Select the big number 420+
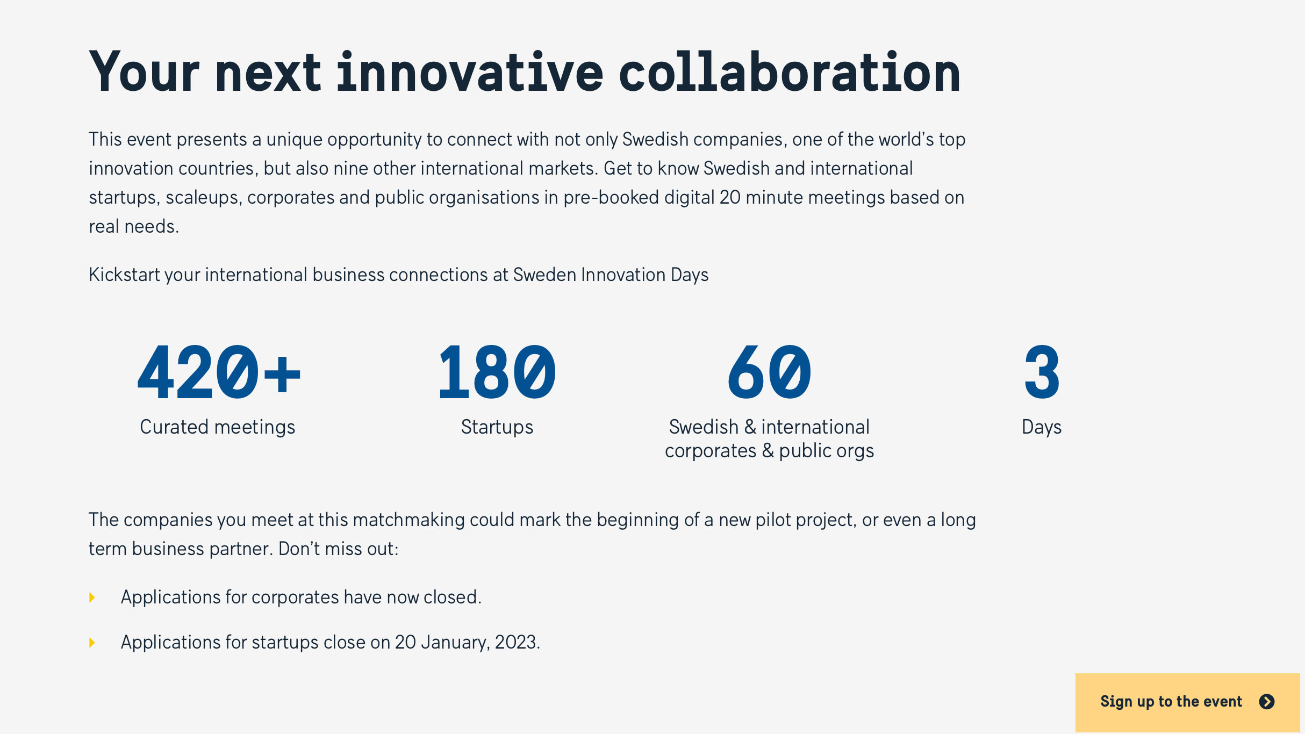(x=219, y=373)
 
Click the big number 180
(x=497, y=373)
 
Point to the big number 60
(x=769, y=373)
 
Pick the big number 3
(x=1042, y=373)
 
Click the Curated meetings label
(x=218, y=427)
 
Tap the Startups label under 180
(x=497, y=428)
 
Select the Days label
(x=1042, y=428)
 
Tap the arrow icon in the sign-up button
(x=1267, y=702)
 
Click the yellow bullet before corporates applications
(x=92, y=598)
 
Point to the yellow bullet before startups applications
(x=92, y=643)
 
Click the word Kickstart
(x=124, y=275)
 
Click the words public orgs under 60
(x=827, y=451)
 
